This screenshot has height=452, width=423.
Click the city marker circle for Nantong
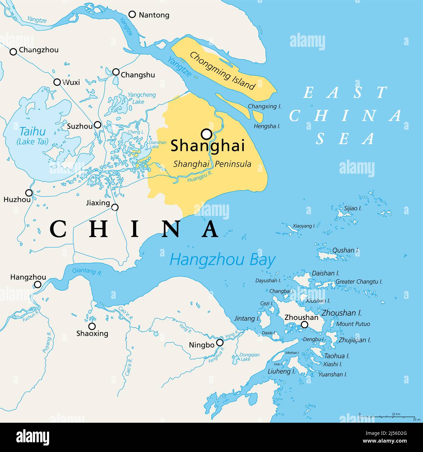point(132,14)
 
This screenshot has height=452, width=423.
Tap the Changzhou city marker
point(13,52)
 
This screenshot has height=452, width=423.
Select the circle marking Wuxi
point(57,82)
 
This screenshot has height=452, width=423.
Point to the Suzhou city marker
point(98,125)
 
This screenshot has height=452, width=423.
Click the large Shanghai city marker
point(207,134)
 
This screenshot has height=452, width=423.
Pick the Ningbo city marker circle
point(220,342)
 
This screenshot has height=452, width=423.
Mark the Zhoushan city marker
point(305,325)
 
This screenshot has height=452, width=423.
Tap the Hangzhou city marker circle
point(38,285)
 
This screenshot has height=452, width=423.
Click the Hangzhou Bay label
point(222,260)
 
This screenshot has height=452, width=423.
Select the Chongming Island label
point(222,71)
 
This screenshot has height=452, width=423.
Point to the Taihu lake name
point(33,132)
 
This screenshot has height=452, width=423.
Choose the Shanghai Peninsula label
point(212,164)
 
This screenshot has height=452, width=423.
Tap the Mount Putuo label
point(353,324)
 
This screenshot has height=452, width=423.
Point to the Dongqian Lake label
point(249,357)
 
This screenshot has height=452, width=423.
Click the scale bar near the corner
point(387,417)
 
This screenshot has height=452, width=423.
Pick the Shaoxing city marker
point(92,326)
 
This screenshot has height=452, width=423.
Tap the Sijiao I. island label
point(353,208)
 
